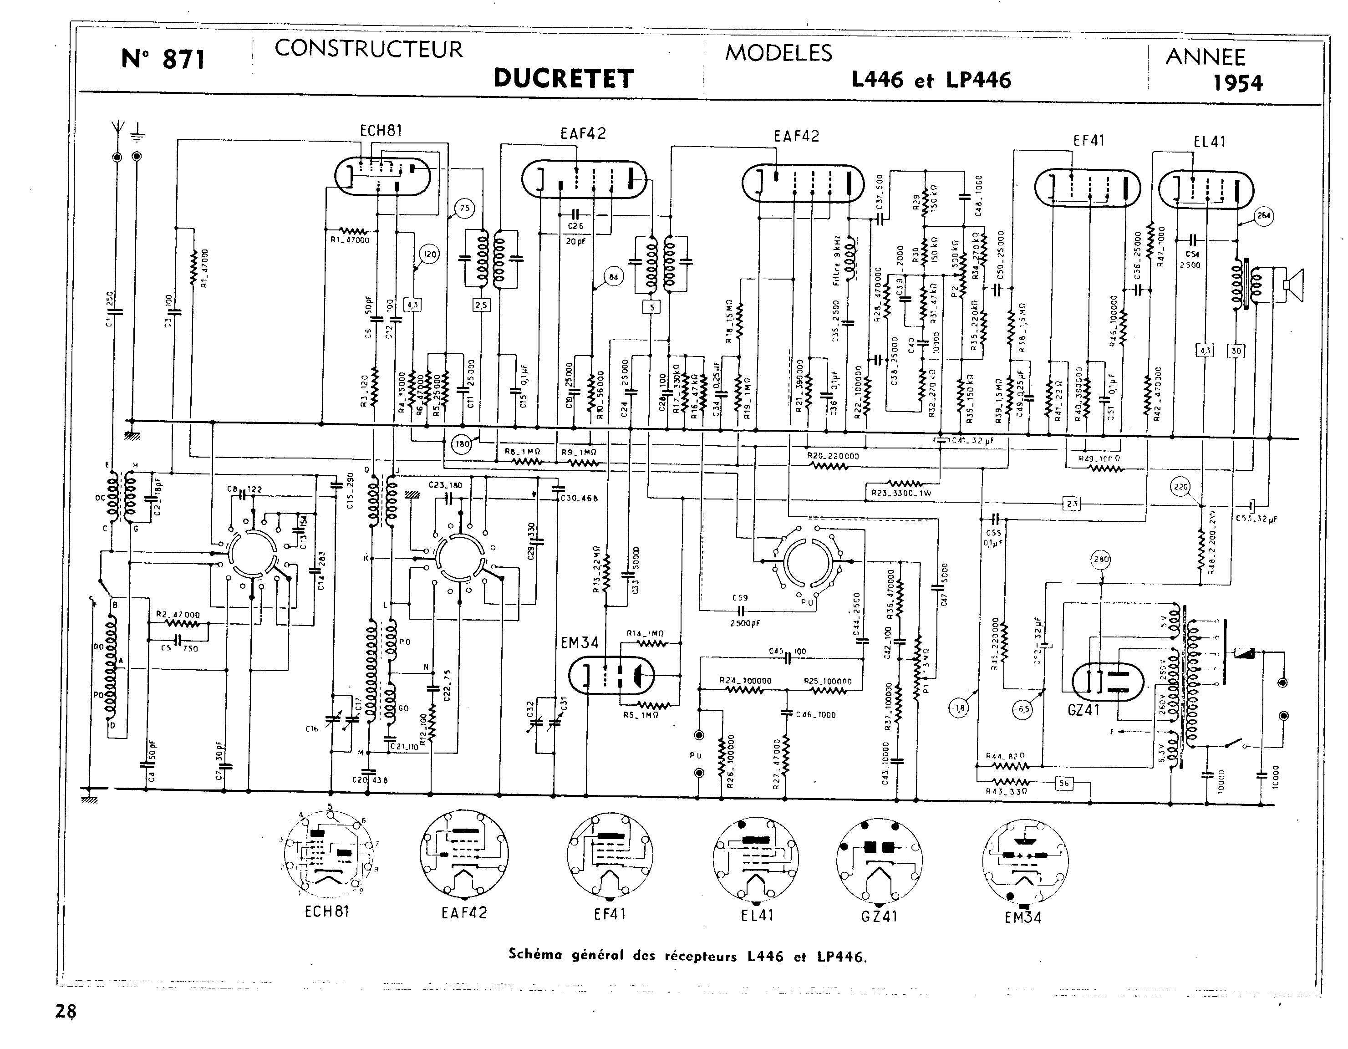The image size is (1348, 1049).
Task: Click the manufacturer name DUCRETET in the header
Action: (564, 78)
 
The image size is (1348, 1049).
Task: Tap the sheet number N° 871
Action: (163, 59)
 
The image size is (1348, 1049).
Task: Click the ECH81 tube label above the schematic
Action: (381, 130)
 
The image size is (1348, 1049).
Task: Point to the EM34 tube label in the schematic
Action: (580, 643)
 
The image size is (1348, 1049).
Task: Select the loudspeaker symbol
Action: (1293, 285)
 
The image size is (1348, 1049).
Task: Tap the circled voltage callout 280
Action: (1101, 560)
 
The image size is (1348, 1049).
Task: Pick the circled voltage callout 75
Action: (464, 208)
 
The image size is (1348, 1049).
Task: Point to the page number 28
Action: (66, 1011)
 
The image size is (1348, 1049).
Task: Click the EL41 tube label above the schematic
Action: (1209, 142)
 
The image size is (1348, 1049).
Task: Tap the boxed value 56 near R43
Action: (1063, 783)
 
